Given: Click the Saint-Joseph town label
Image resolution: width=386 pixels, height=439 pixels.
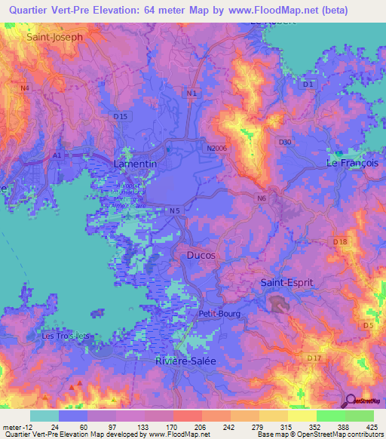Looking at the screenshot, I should (54, 36).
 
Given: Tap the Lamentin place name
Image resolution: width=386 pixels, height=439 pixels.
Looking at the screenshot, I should (135, 164).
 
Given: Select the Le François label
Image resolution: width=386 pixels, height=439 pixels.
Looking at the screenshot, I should (351, 164).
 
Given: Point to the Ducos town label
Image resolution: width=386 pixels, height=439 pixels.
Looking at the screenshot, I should (201, 256).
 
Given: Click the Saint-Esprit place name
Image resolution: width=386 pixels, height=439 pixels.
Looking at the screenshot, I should (286, 282).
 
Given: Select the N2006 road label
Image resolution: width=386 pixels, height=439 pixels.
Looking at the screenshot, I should (217, 149).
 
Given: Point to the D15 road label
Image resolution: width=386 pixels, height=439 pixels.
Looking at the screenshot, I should (121, 116).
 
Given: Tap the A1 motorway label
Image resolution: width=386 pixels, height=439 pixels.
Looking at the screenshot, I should (57, 155).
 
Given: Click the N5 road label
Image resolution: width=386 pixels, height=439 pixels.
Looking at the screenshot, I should (175, 210).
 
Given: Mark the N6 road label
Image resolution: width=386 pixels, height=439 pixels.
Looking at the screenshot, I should (261, 198).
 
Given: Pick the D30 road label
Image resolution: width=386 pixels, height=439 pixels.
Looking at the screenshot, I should (285, 142).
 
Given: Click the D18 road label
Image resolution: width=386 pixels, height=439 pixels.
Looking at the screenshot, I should (340, 241).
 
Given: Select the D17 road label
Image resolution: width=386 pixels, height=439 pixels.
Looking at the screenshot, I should (314, 357).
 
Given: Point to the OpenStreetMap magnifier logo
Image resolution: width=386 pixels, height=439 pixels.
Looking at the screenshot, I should (352, 400).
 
